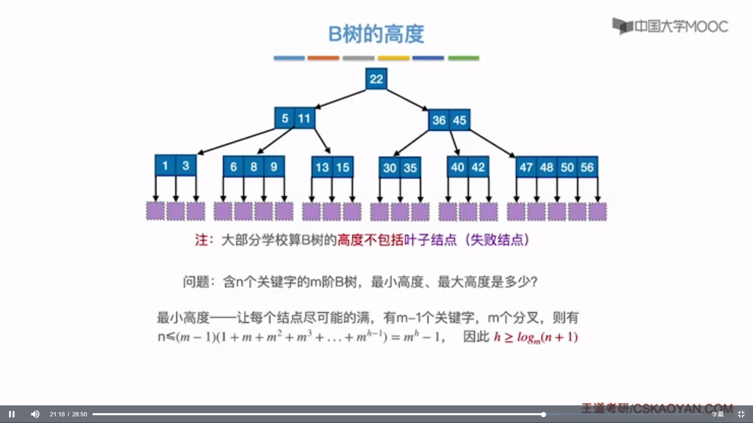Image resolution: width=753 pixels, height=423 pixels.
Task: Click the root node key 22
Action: click(x=376, y=79)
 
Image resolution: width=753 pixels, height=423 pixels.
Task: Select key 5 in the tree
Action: click(x=285, y=118)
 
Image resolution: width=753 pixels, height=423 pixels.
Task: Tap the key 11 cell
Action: click(x=304, y=118)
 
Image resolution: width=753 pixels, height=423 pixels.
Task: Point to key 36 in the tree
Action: click(x=439, y=120)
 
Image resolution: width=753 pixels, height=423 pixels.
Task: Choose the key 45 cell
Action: click(x=459, y=120)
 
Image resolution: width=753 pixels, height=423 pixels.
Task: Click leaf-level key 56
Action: click(x=587, y=167)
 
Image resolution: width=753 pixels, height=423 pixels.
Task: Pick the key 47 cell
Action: click(x=526, y=167)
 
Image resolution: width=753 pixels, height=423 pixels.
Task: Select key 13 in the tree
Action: click(x=322, y=167)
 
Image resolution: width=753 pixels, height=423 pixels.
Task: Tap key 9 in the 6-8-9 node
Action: click(x=274, y=167)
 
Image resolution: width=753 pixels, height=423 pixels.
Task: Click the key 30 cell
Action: click(x=389, y=168)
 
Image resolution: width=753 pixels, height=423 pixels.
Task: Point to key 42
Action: click(x=478, y=167)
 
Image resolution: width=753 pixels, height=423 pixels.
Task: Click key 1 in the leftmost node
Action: click(x=165, y=166)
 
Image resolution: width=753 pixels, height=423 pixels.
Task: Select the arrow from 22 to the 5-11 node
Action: click(x=340, y=99)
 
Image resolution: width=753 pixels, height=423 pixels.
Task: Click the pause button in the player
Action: click(x=12, y=414)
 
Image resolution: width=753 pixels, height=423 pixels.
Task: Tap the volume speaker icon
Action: click(x=35, y=414)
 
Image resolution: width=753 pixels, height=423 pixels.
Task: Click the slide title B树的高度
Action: click(x=376, y=34)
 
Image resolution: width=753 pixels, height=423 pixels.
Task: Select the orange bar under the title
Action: click(x=323, y=58)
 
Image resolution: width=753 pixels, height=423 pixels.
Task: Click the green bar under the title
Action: click(x=464, y=58)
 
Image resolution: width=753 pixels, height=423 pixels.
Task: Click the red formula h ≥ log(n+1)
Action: click(x=536, y=337)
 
